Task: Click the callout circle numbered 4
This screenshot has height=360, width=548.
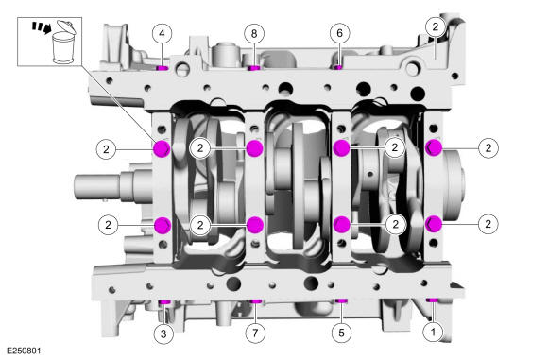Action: click(162, 34)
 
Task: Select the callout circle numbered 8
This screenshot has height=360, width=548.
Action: click(254, 34)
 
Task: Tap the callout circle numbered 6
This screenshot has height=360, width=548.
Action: click(339, 33)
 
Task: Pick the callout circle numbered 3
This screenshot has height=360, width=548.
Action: click(163, 334)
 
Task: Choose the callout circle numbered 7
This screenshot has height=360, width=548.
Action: click(255, 333)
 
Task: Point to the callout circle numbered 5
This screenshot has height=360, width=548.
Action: click(341, 333)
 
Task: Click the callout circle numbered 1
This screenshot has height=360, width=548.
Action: click(433, 332)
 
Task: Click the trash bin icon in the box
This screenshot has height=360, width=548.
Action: click(64, 42)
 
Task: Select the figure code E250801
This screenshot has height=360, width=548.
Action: click(24, 351)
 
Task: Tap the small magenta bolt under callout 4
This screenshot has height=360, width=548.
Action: click(163, 68)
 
